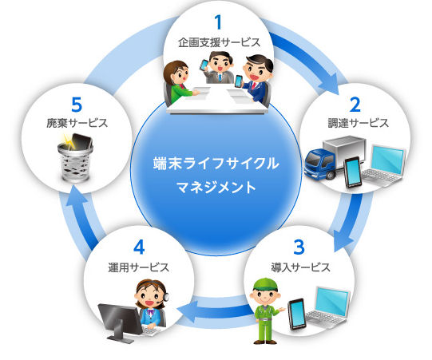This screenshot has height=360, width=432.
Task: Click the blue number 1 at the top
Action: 218,22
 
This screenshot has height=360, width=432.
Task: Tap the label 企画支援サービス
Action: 219,42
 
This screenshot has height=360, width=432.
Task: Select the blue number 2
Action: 355,105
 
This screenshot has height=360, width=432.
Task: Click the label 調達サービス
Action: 359,123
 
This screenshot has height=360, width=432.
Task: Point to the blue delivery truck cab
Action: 319,163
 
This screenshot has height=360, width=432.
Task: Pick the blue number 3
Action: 299,247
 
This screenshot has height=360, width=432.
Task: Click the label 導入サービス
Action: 300,267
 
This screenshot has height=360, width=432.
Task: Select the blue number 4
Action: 139,247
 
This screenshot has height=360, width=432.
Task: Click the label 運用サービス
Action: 139,267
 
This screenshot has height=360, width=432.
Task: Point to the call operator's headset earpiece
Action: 166,297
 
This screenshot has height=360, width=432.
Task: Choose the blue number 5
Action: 77,105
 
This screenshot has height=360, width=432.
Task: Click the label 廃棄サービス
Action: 77,123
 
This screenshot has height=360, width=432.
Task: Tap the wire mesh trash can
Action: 75,163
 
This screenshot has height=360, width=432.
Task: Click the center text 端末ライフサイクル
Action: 216,163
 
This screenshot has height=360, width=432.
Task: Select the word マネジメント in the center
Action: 216,188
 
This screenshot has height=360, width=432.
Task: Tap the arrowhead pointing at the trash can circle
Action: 74,196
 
